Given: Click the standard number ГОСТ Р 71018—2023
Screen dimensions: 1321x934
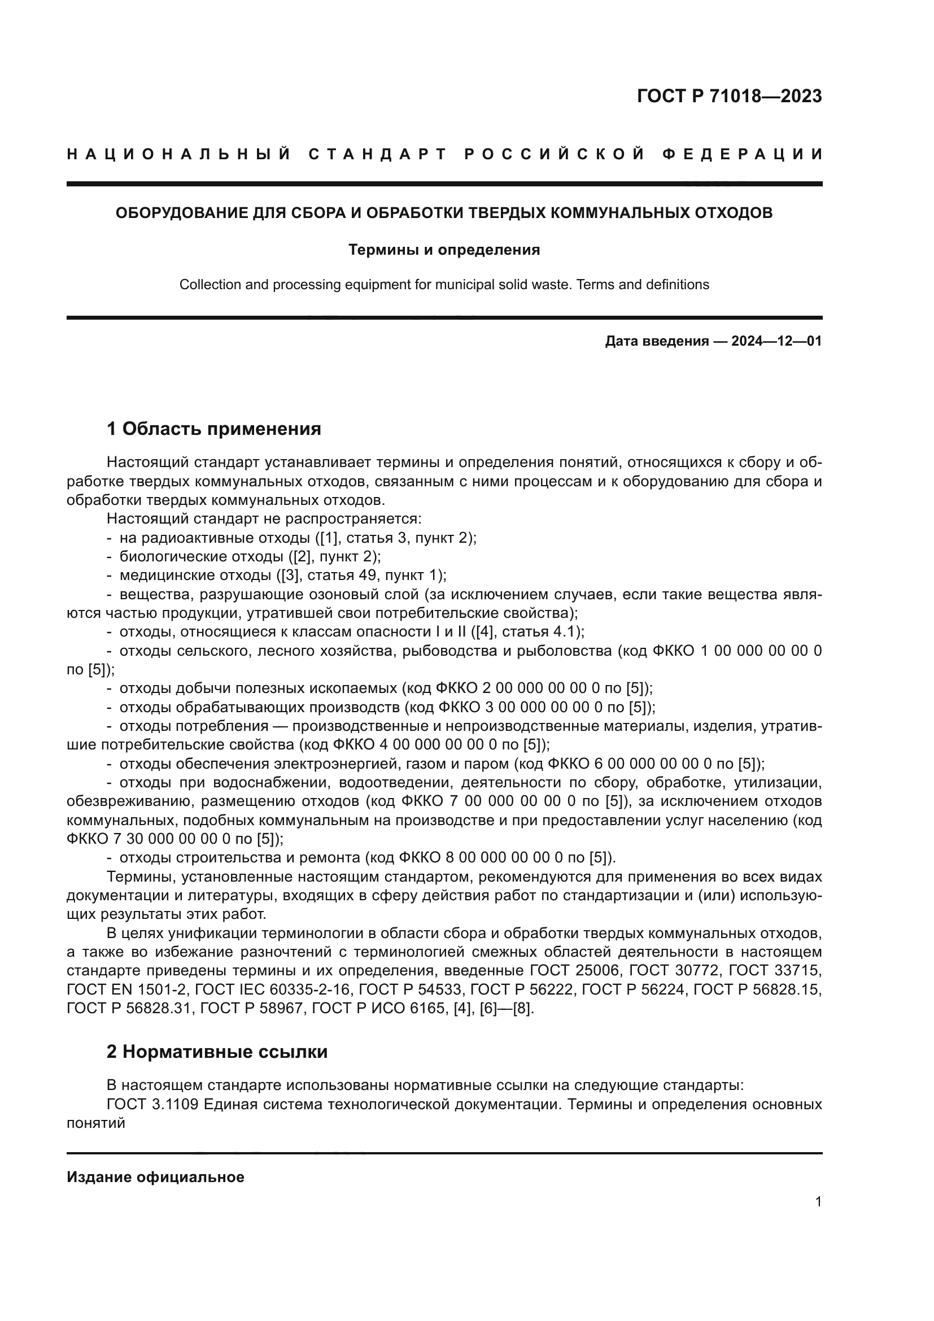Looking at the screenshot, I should coord(729,97).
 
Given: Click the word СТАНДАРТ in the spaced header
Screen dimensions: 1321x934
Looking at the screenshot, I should coord(377,154).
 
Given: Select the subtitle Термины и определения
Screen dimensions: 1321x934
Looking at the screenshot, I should coord(444,250).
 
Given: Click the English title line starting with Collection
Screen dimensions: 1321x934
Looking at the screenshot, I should coord(444,285).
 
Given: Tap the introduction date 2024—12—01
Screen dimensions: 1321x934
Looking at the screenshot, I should coord(776,341).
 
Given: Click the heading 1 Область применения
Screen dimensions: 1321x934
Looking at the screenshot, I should coord(213,429).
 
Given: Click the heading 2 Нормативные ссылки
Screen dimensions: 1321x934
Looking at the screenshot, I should coord(217,1052).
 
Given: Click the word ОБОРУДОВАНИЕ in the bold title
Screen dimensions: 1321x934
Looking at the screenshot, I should coord(181,213).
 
